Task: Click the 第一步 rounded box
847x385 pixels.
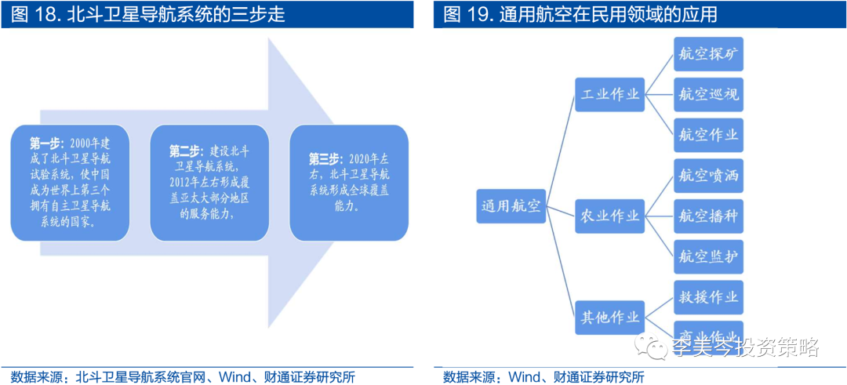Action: (x=70, y=183)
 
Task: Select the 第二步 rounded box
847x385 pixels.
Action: (x=209, y=183)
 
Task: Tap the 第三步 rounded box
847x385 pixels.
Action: (x=348, y=183)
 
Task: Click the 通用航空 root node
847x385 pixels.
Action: (x=511, y=206)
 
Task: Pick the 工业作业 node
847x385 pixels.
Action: (x=609, y=94)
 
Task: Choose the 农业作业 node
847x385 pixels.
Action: (x=609, y=215)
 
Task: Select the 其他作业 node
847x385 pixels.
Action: (x=609, y=318)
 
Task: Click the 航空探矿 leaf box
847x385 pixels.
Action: (x=708, y=54)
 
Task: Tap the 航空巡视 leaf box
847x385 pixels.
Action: (x=708, y=94)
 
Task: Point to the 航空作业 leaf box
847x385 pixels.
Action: (x=708, y=134)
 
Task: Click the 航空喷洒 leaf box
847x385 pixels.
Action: (x=708, y=175)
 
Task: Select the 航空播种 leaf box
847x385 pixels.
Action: (x=708, y=215)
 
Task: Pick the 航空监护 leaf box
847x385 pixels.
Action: (x=708, y=256)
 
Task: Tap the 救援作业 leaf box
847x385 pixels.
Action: (x=708, y=297)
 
